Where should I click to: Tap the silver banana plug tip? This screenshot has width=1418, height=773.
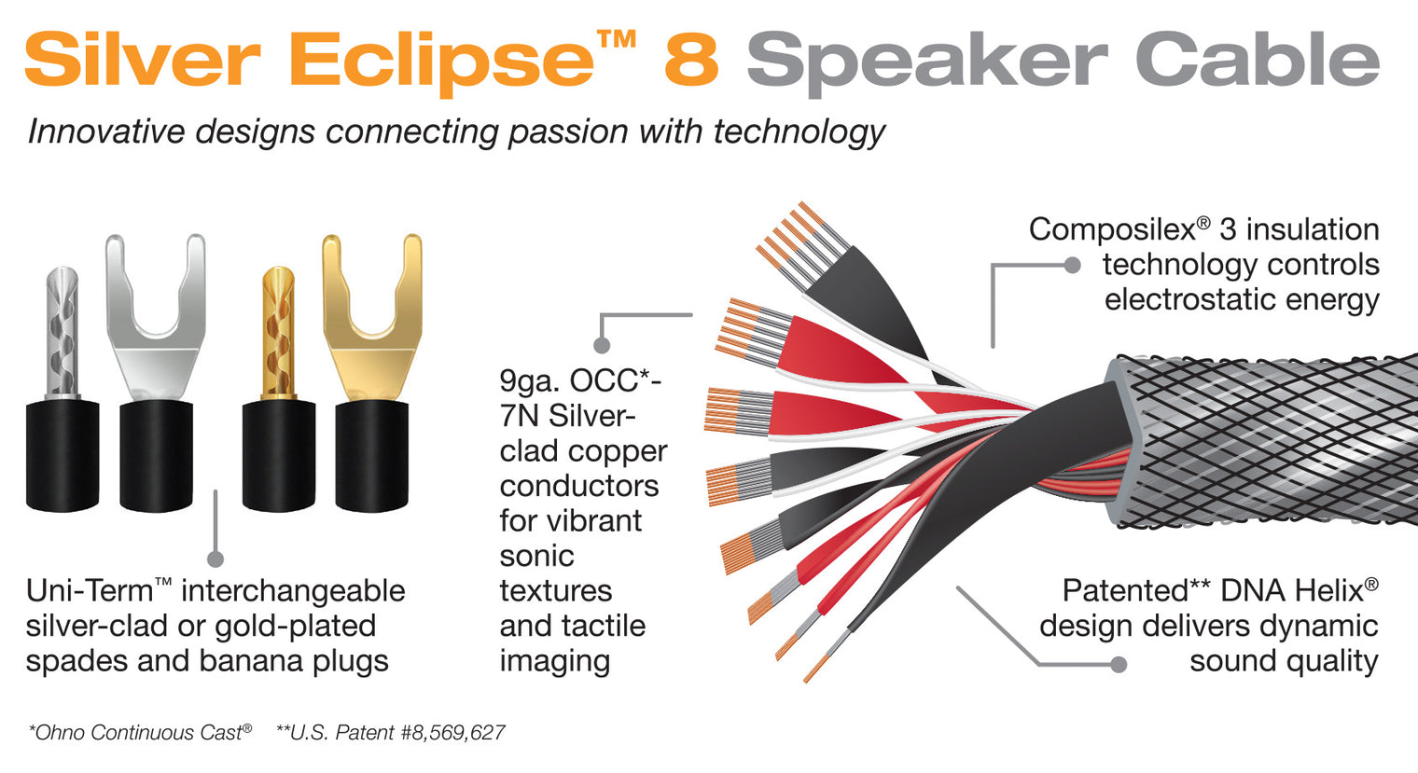point(63,331)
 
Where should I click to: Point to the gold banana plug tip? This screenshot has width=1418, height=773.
point(278,331)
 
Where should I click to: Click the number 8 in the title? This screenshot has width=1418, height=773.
point(691,60)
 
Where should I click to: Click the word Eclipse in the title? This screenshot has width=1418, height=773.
point(441,62)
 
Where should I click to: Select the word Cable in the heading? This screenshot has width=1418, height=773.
point(1257,60)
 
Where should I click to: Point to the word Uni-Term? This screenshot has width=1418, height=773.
point(90,591)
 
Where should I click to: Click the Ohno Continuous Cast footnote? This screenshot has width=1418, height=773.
point(140,733)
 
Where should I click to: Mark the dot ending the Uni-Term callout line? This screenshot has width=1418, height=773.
point(215,559)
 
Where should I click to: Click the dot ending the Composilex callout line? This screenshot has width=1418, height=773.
point(1073,266)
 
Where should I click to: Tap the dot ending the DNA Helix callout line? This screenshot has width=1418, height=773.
point(1119,664)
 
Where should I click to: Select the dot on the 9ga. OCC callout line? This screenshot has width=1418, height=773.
point(602,346)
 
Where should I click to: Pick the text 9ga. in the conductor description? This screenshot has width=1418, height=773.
point(530,381)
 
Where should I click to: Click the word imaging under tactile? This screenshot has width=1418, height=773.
point(554,661)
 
